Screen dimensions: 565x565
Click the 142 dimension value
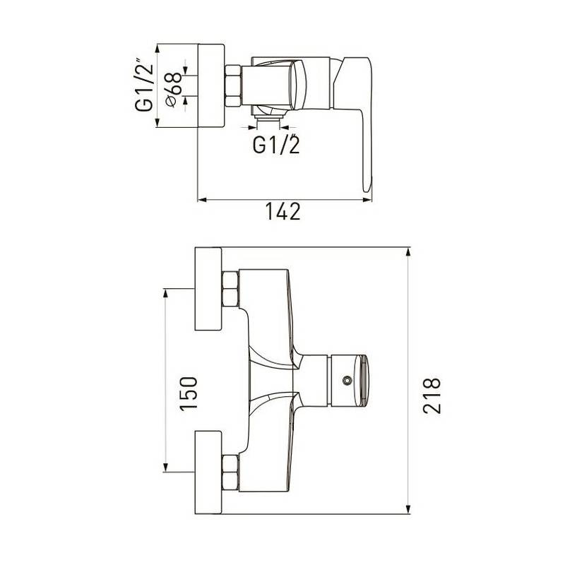pyautogui.click(x=283, y=211)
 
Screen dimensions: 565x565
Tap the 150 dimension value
pyautogui.click(x=189, y=393)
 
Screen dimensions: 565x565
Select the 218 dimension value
pyautogui.click(x=432, y=395)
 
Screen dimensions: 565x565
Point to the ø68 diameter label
pyautogui.click(x=173, y=90)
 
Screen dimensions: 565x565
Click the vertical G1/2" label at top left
pyautogui.click(x=144, y=85)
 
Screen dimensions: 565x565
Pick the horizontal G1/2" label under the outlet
pyautogui.click(x=276, y=144)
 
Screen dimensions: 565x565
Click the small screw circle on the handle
pyautogui.click(x=347, y=380)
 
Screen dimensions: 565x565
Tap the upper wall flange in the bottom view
pyautogui.click(x=208, y=289)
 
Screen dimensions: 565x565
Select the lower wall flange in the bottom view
pyautogui.click(x=208, y=472)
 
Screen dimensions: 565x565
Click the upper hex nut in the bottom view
pyautogui.click(x=231, y=289)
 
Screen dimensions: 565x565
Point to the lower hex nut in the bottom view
pyautogui.click(x=231, y=472)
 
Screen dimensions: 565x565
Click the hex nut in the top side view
pyautogui.click(x=233, y=85)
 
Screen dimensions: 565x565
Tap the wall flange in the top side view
pyautogui.click(x=211, y=85)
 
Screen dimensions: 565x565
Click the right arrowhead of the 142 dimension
pyautogui.click(x=367, y=200)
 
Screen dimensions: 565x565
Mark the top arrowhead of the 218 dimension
pyautogui.click(x=408, y=252)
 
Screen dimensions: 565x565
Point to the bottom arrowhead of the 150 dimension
pyautogui.click(x=165, y=468)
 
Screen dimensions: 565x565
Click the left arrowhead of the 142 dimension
pyautogui.click(x=202, y=200)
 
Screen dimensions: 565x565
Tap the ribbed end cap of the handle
pyautogui.click(x=362, y=380)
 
